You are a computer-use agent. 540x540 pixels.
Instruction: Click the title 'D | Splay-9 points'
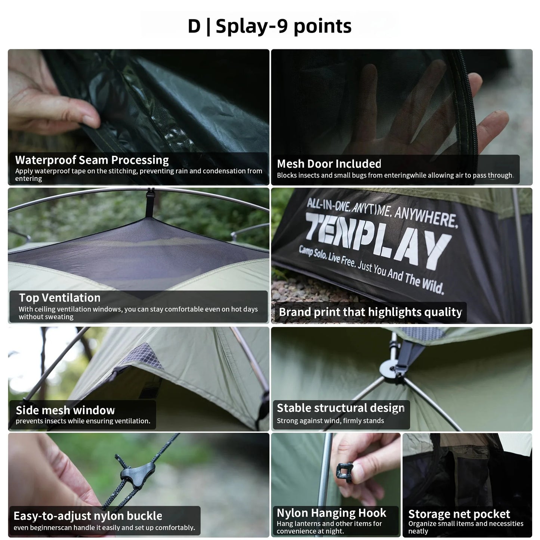[x=269, y=26]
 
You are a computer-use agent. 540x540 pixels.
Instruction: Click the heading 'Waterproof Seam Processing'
[x=92, y=160]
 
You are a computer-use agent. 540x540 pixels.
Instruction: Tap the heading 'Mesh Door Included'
[x=329, y=164]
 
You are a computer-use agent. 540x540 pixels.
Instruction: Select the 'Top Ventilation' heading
[x=60, y=298]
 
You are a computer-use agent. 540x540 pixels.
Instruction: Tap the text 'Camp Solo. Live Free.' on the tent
[x=327, y=257]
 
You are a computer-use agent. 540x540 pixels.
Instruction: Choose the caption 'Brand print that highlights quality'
[x=370, y=312]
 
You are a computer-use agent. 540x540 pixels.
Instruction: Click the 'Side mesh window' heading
[x=65, y=410]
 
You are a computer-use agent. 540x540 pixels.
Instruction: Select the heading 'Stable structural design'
[x=340, y=408]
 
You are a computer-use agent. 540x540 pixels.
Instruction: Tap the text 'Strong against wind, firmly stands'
[x=330, y=421]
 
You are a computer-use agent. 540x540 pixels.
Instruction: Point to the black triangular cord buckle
[x=137, y=472]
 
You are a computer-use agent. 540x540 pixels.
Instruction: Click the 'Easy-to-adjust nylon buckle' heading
[x=88, y=516]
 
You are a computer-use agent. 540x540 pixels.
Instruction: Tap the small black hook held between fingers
[x=345, y=470]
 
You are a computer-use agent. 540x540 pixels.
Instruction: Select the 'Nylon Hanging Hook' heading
[x=331, y=513]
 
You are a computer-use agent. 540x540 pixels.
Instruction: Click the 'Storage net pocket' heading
[x=459, y=514]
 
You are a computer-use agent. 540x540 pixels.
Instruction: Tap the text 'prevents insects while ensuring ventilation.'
[x=83, y=421]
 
